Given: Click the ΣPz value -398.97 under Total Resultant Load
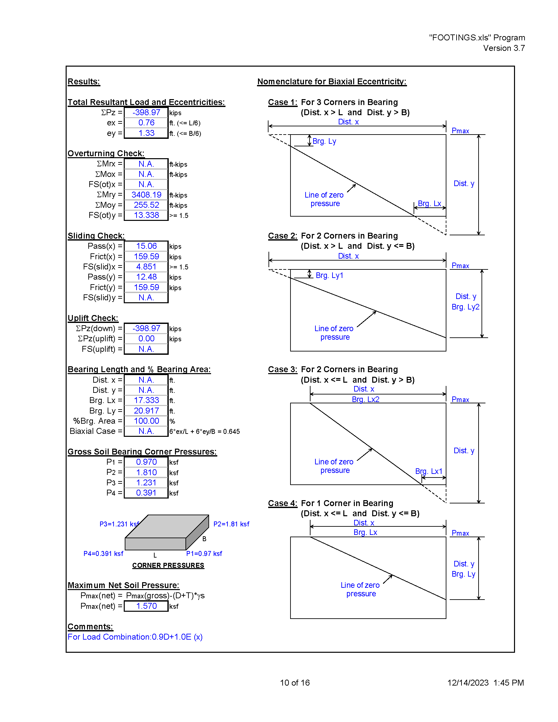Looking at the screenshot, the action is [146, 112].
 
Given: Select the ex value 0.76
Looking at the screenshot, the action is [146, 123].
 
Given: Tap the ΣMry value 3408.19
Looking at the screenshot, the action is [146, 195].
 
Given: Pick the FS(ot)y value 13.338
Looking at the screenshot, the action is [146, 215].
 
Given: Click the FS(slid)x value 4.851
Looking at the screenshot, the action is [146, 267].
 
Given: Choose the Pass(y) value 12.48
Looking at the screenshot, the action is [146, 277].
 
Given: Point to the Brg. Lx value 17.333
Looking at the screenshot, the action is [146, 400].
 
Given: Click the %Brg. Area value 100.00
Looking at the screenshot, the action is [146, 421].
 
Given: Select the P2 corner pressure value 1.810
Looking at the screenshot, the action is [146, 472].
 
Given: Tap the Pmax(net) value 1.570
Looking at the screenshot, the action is [146, 606].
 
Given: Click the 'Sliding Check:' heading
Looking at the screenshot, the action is [96, 236].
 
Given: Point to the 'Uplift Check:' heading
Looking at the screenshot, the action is [93, 318].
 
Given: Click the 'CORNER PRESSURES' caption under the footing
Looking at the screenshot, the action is [168, 565].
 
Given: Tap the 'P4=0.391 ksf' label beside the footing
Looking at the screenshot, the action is [103, 553].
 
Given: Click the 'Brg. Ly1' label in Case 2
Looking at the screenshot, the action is [330, 275].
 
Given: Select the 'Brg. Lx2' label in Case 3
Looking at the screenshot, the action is [366, 399].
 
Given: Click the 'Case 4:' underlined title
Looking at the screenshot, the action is [283, 503].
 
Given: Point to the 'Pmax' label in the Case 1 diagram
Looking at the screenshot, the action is [461, 131].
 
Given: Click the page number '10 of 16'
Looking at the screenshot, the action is [295, 683].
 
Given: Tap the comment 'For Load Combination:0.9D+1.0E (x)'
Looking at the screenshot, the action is [135, 637].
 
